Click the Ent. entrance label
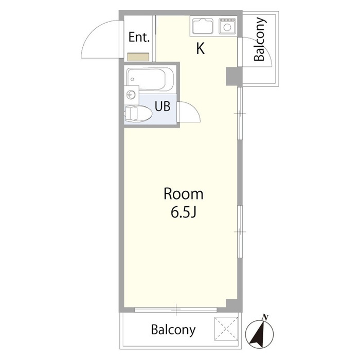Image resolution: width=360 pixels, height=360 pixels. click(139, 37)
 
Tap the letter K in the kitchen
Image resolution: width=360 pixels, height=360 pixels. click(201, 48)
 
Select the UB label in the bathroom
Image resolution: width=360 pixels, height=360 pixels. click(163, 106)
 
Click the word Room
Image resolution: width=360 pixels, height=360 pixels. click(184, 194)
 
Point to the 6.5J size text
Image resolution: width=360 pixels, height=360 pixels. click(184, 212)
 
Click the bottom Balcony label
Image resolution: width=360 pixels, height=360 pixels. click(173, 330)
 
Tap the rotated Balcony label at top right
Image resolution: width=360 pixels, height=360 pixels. click(260, 39)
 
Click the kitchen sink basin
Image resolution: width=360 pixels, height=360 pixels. click(203, 26)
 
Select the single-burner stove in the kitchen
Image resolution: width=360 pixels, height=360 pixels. click(227, 26)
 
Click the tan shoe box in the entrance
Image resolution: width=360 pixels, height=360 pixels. click(138, 57)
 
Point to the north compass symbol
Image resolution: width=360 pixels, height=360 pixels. click(259, 333)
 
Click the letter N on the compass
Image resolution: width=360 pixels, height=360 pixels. click(265, 317)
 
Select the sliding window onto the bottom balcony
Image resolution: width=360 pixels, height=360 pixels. click(176, 310)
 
